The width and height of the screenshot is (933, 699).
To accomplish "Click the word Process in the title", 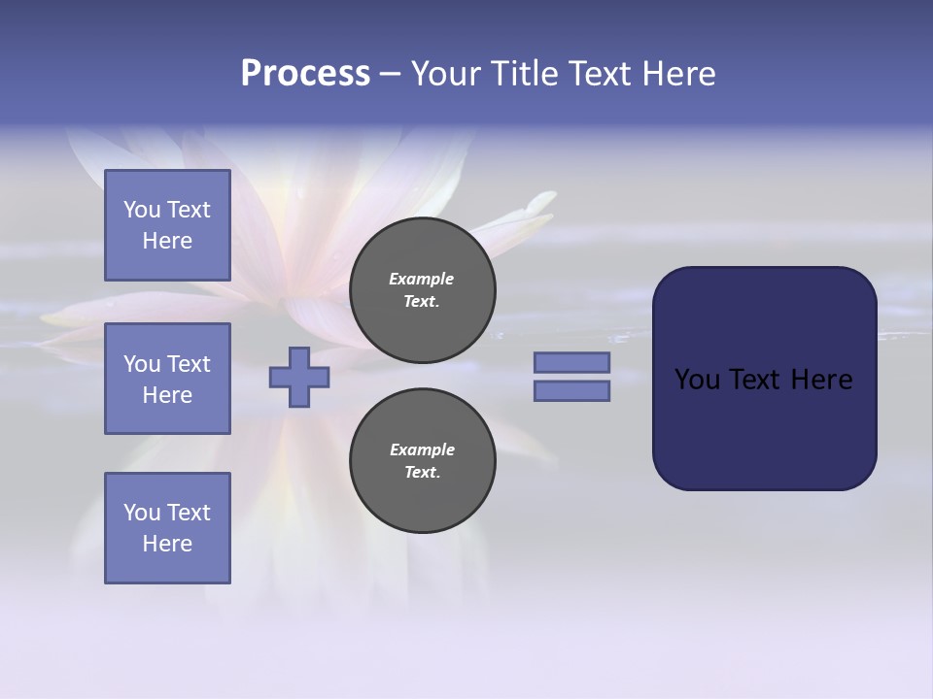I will [x=305, y=74].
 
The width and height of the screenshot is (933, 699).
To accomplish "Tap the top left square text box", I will [x=167, y=225].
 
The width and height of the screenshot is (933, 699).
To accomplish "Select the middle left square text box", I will [x=167, y=379].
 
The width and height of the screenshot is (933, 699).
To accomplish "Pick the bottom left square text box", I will [x=167, y=528].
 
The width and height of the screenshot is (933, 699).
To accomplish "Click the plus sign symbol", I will [x=299, y=377].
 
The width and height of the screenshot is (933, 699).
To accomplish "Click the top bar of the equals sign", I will [x=571, y=363].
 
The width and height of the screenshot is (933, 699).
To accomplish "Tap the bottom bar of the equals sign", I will [x=571, y=390].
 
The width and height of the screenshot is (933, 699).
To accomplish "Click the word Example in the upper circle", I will [x=422, y=279].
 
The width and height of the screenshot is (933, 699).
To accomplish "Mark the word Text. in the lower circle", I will [x=422, y=473].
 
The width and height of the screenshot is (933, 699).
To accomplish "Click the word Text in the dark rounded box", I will [x=755, y=380].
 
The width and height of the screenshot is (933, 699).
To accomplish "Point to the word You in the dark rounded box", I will [x=697, y=380].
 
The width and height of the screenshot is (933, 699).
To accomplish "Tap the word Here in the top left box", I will [x=167, y=241].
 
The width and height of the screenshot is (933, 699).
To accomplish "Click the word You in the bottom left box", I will [x=142, y=513].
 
